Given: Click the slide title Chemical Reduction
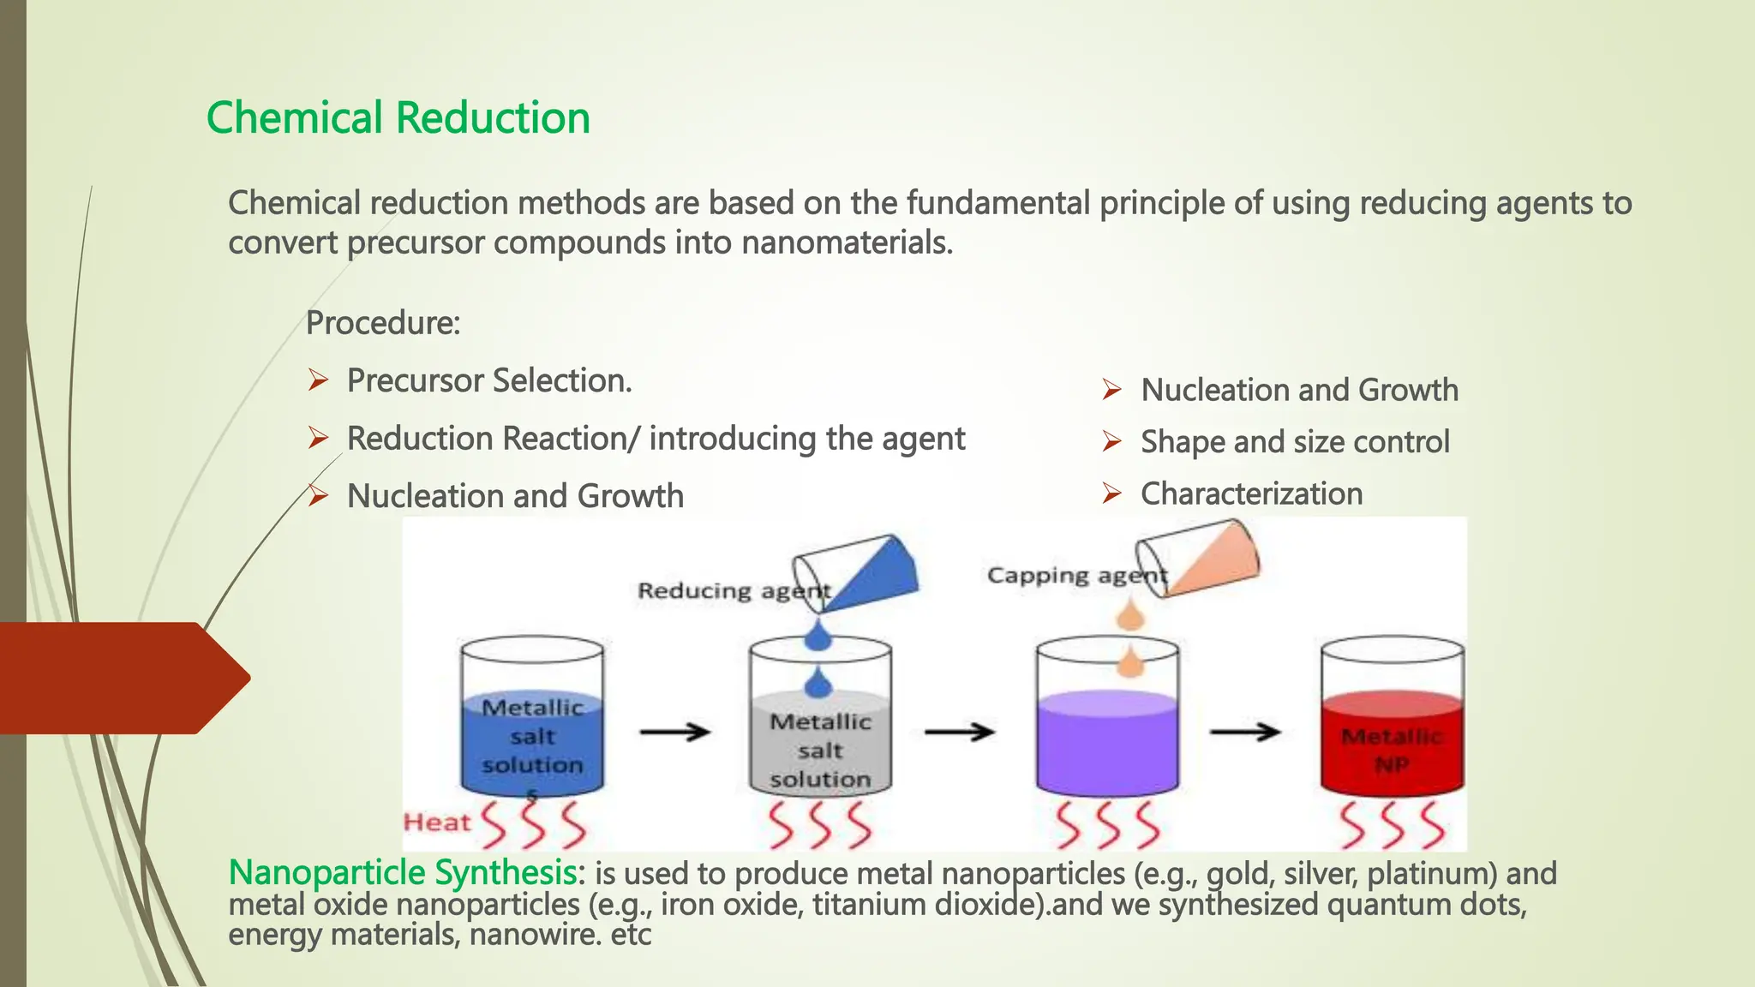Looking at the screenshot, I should pos(398,117).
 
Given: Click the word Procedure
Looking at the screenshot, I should pos(381,323).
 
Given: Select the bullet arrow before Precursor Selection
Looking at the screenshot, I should pos(318,380).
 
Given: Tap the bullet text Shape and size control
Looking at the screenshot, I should pos(1294,442).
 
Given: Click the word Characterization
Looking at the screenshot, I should pos(1251,493).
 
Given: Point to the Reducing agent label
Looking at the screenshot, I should pos(734,590).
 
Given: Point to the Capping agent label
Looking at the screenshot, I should pos(1076,575).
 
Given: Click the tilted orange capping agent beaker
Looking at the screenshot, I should pos(1200,558).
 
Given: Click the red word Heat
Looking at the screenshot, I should pos(437,822).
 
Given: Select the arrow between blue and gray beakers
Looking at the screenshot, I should pos(675,732).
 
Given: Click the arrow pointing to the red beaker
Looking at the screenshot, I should pos(1245,732).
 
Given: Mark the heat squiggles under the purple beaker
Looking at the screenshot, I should pos(1107,824).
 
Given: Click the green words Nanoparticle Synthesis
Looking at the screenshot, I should pos(401,872).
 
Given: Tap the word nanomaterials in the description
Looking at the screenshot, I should pos(846,242).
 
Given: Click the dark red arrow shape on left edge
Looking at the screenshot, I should pos(120,678).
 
